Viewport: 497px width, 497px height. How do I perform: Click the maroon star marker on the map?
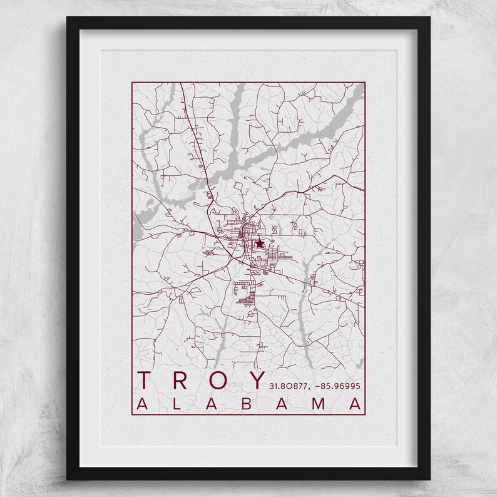pos(259,243)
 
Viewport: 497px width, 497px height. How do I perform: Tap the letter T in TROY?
pos(145,380)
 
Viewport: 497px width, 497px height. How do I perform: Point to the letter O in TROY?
pos(218,380)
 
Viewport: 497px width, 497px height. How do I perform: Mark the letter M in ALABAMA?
pos(319,404)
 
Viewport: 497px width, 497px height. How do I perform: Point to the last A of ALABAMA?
pos(356,404)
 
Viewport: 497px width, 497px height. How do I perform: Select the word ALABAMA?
pos(248,404)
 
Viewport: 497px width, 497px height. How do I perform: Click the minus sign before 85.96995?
pos(319,385)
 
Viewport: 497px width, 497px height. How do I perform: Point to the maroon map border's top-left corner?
pos(132,82)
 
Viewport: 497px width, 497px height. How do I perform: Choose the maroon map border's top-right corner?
pos(365,82)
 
